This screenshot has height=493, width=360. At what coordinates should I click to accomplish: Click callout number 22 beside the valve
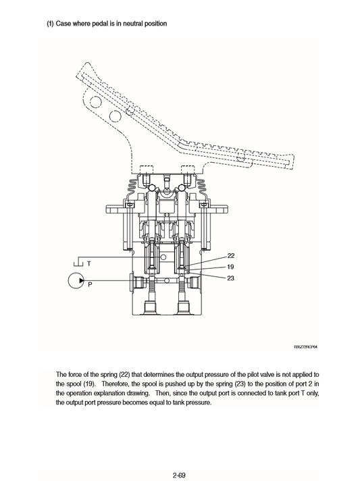click(x=231, y=256)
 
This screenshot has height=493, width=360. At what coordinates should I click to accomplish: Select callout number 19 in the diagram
click(x=231, y=267)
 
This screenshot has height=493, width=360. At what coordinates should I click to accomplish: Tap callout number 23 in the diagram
click(x=231, y=278)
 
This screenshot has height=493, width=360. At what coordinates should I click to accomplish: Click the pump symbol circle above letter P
click(x=76, y=280)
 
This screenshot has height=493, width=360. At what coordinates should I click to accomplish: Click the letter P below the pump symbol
click(x=88, y=286)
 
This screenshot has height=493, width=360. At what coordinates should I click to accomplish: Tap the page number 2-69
click(x=179, y=457)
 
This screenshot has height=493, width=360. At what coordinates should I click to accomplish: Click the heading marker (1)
click(x=50, y=24)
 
